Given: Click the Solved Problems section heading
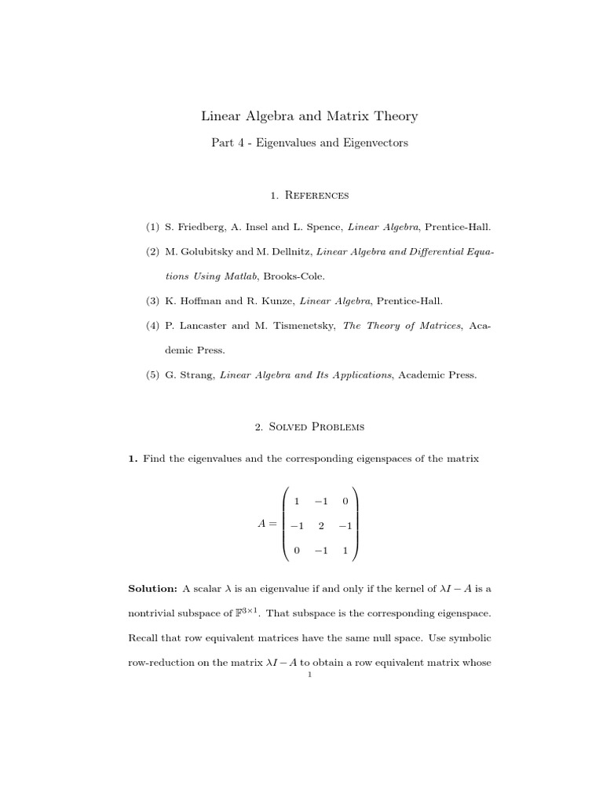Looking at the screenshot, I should pos(317,427).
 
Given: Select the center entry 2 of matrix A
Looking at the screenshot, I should pos(320,526).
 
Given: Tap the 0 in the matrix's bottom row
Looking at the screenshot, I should pos(296,550).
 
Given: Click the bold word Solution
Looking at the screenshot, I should pos(152,589).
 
